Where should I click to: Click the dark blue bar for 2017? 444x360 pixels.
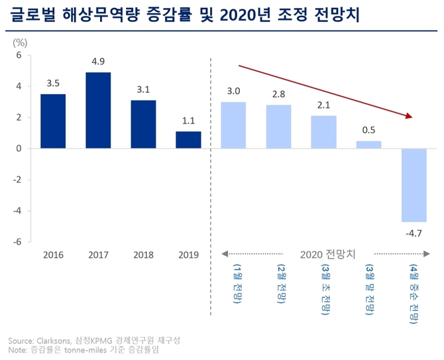click(x=98, y=110)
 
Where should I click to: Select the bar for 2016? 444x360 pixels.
click(x=53, y=121)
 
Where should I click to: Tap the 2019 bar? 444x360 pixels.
click(x=188, y=140)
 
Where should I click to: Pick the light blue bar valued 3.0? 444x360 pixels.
click(x=233, y=125)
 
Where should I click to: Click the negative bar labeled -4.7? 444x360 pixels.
click(x=414, y=185)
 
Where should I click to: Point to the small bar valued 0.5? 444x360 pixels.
click(x=368, y=145)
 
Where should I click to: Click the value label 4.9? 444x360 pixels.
click(x=98, y=62)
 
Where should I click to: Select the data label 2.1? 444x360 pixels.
click(x=323, y=106)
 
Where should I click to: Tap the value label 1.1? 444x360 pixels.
click(x=188, y=121)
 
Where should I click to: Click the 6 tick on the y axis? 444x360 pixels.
click(x=19, y=55)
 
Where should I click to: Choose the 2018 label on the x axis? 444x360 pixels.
click(x=143, y=255)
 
